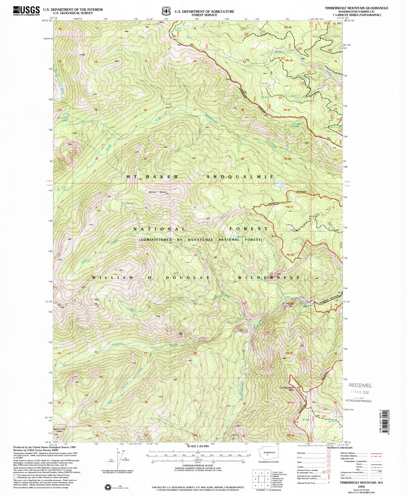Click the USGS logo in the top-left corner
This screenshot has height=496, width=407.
point(26,11)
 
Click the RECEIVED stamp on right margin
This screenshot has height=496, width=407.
point(360,385)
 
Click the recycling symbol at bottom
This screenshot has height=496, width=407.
point(108,487)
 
